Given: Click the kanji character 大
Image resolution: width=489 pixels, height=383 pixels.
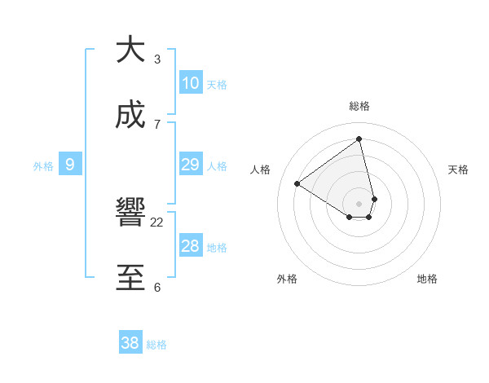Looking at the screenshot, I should click(x=130, y=50).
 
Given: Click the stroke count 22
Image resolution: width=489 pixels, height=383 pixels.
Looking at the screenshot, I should click(x=157, y=222).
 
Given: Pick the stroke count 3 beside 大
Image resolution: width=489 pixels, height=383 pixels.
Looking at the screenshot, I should click(x=157, y=59).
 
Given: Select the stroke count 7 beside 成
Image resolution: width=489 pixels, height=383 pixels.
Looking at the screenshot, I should click(x=157, y=124).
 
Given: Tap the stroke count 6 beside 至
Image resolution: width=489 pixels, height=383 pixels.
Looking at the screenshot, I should click(x=157, y=287).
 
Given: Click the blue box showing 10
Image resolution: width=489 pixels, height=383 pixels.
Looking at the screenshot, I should click(x=190, y=83).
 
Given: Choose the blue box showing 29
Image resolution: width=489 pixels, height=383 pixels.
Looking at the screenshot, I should click(x=190, y=165).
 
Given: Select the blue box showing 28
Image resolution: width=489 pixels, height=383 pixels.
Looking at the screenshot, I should click(x=190, y=246).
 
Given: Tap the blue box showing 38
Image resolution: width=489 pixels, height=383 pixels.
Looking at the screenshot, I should click(x=130, y=344).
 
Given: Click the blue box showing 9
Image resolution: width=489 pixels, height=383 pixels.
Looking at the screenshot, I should click(x=70, y=165).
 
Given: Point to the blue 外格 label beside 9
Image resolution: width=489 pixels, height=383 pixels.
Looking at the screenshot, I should click(x=43, y=166).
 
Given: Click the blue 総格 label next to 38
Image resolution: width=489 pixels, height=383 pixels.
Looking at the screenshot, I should click(x=156, y=345).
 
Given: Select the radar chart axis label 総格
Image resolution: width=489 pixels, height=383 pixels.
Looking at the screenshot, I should click(x=359, y=106).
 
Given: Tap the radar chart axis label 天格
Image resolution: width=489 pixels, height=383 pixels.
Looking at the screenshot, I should click(x=458, y=169).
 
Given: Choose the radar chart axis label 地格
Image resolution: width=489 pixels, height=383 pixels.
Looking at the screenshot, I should click(x=427, y=279).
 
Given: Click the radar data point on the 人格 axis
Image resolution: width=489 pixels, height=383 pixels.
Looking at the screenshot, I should click(x=297, y=184).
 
